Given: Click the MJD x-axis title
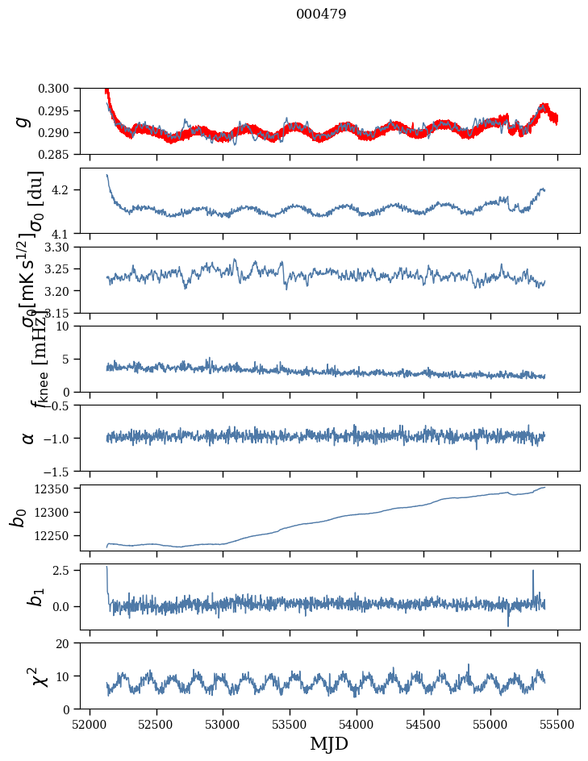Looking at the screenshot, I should coord(329,744).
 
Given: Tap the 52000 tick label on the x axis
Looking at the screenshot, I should coord(90,723).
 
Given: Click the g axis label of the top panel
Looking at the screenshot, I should coord(24,121).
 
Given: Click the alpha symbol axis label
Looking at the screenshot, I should coord(28,438).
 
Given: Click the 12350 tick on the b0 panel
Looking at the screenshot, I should coord(56,489).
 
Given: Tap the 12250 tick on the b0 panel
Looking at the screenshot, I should coord(56,535).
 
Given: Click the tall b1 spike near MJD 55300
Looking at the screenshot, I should coord(533,572).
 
